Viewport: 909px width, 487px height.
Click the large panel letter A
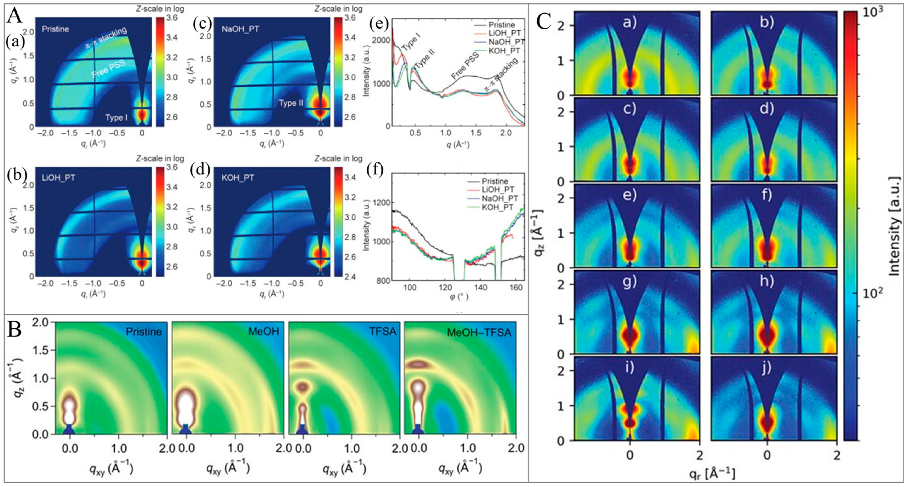tap(15, 16)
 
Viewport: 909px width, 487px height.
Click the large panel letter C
tap(543, 22)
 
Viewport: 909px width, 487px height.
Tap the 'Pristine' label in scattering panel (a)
tap(55, 29)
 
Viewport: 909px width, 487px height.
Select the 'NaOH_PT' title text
tap(240, 29)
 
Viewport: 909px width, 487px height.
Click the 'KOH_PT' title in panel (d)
tap(238, 178)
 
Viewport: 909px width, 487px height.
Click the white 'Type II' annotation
tap(291, 103)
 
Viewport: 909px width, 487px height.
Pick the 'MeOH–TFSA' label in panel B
tap(479, 332)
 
